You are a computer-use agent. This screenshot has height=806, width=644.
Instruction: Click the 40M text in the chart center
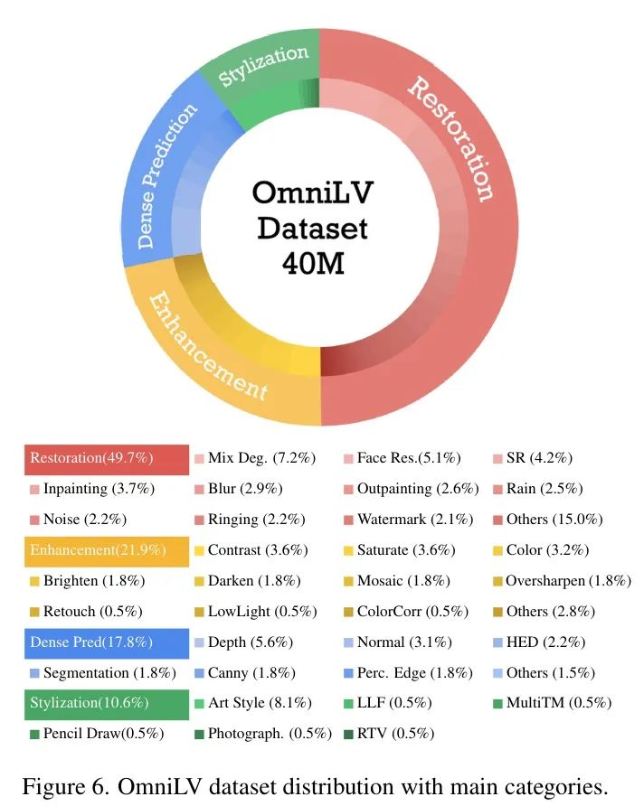point(312,261)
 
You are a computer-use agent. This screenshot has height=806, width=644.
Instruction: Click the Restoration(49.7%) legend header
point(106,458)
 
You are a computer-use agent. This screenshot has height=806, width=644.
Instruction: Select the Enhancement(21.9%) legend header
point(106,550)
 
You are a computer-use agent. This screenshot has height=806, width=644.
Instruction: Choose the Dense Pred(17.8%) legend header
point(106,642)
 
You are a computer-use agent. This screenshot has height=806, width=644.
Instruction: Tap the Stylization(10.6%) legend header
point(106,703)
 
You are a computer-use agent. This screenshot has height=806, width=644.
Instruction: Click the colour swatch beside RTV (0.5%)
point(349,734)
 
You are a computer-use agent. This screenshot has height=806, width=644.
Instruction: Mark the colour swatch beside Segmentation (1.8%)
point(34,673)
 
